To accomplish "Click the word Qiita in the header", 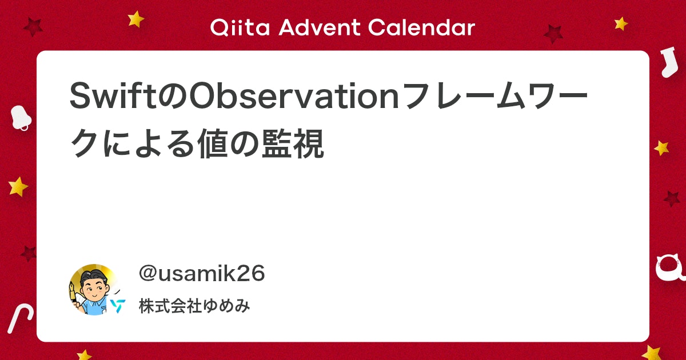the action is [240, 27].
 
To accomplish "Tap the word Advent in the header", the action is [320, 27].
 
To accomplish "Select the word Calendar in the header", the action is [422, 27].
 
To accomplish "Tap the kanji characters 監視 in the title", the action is [293, 143].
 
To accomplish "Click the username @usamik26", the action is [201, 273].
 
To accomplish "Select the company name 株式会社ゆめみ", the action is [194, 306].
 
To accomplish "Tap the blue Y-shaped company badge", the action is [118, 306].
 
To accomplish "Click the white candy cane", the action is [20, 318].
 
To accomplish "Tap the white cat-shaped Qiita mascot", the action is [670, 269].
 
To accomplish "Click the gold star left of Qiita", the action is [135, 19].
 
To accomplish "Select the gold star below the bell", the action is [18, 186].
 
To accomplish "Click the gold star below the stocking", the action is [661, 148].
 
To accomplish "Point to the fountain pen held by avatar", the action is [73, 293].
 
